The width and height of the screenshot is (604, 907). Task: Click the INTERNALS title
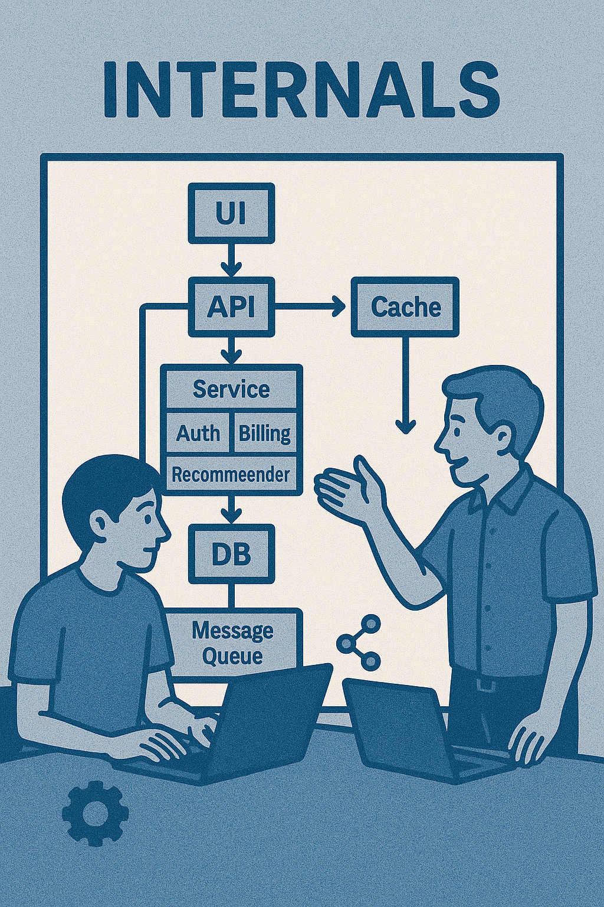[x=301, y=89]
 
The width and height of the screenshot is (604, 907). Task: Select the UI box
[x=231, y=213]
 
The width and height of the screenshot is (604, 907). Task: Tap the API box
[x=231, y=306]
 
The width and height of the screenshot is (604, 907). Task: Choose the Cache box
[x=405, y=307]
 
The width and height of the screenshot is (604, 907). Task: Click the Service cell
[x=231, y=389]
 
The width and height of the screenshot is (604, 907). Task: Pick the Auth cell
[x=198, y=433]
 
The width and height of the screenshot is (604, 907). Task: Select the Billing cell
[x=264, y=433]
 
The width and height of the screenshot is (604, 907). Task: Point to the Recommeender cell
[x=231, y=474]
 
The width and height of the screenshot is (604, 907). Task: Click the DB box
[x=231, y=553]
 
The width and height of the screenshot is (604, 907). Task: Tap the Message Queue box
[x=232, y=642]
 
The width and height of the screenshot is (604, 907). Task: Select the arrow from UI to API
[x=231, y=260]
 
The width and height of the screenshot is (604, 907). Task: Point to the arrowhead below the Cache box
[x=405, y=424]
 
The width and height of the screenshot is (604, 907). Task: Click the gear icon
[x=95, y=813]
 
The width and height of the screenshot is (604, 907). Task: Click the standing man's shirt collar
[x=501, y=490]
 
